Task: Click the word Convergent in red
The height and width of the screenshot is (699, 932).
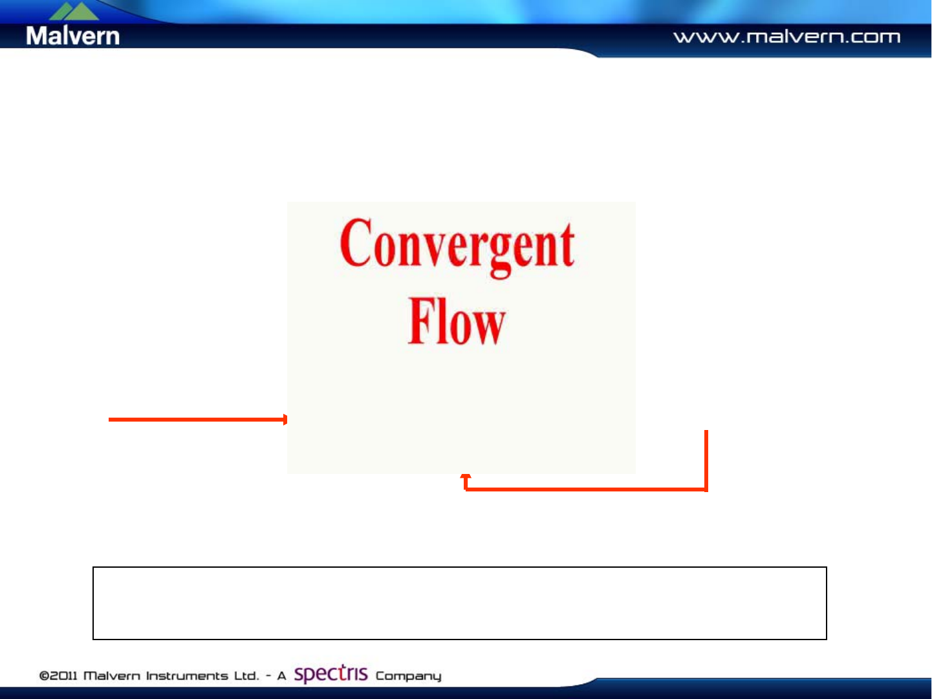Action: (457, 248)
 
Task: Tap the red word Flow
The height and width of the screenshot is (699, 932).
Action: (457, 321)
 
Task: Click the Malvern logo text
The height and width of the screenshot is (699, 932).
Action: (72, 36)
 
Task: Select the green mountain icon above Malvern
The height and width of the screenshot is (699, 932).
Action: (74, 10)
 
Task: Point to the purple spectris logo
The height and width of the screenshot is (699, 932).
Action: (331, 674)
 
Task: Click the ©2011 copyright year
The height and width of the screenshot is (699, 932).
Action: (58, 676)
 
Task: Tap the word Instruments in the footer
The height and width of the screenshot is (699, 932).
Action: (187, 676)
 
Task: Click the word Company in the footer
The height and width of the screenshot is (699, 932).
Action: (409, 676)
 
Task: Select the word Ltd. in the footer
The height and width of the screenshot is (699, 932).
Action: (246, 676)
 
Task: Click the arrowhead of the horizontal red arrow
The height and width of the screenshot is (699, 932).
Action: (285, 419)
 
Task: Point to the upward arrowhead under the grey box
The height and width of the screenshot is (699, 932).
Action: (466, 477)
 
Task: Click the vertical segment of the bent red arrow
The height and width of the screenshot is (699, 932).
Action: (706, 461)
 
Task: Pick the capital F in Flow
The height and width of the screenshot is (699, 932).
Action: (421, 321)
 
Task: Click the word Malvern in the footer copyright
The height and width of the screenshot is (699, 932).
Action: (111, 676)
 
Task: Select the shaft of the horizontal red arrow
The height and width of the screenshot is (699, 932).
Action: (196, 419)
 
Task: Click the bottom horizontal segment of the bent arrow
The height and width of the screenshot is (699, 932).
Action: (586, 489)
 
